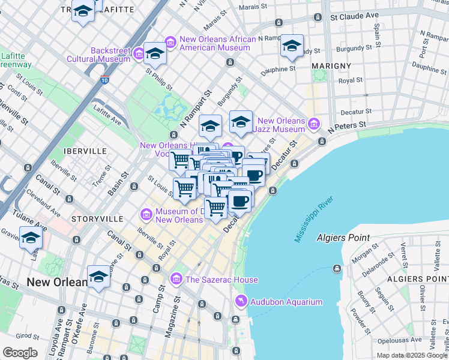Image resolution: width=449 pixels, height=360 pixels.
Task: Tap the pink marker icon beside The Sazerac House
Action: point(176,279)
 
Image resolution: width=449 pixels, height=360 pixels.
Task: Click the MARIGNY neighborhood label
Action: point(331,65)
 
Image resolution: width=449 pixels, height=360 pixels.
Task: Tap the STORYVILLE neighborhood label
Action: point(97,219)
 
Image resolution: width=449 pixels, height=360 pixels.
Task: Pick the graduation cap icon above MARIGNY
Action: point(292,46)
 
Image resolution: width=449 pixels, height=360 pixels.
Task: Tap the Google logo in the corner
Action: point(20,353)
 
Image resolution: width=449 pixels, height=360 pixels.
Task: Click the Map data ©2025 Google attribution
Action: point(412,355)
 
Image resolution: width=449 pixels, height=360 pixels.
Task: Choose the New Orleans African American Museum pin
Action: point(170,41)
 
